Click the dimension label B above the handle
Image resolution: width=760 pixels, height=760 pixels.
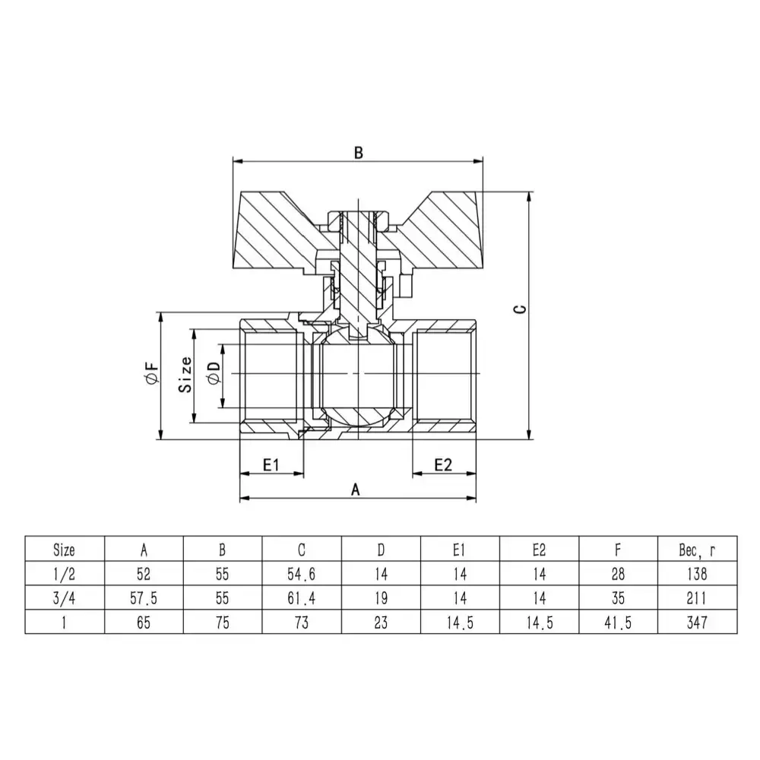pyautogui.click(x=359, y=152)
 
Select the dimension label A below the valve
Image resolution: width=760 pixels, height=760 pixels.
pyautogui.click(x=355, y=489)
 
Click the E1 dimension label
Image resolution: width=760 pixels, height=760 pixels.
pyautogui.click(x=271, y=464)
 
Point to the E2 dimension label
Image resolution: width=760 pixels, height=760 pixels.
pyautogui.click(x=443, y=464)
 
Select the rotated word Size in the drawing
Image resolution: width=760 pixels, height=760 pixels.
pyautogui.click(x=185, y=375)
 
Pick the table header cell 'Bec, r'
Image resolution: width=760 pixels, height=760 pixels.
pyautogui.click(x=697, y=549)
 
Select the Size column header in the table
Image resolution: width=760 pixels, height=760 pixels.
pyautogui.click(x=65, y=549)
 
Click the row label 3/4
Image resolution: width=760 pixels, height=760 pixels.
pyautogui.click(x=65, y=598)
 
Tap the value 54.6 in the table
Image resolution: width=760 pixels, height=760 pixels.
pyautogui.click(x=302, y=574)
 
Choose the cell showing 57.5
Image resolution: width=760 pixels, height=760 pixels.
pyautogui.click(x=144, y=598)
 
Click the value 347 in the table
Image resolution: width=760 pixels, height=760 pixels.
pyautogui.click(x=697, y=622)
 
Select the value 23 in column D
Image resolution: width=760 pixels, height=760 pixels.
pyautogui.click(x=381, y=622)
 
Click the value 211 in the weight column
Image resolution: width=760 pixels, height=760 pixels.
pyautogui.click(x=697, y=598)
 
